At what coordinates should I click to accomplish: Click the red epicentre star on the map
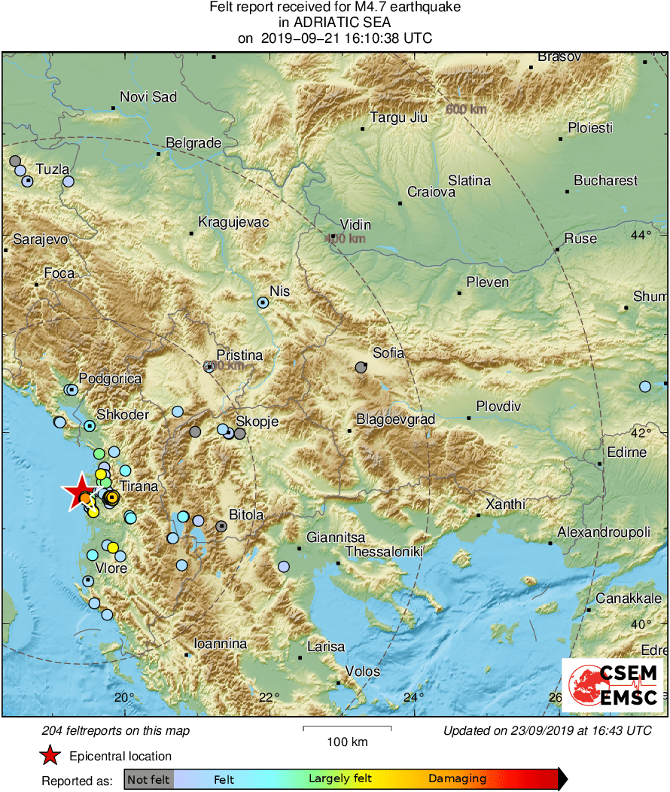pos(78,493)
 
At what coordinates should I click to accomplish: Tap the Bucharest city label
pos(605,181)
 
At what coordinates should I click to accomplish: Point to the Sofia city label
pos(388,352)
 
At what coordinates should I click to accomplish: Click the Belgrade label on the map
pos(193,142)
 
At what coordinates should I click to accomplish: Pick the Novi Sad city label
pos(148,97)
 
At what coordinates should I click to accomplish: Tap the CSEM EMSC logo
pos(612,684)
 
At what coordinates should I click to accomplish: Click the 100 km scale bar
pos(347,728)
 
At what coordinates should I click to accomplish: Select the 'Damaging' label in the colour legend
pos(457,778)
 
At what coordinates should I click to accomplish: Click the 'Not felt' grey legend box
pos(148,778)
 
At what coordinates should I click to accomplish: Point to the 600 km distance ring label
pos(465,110)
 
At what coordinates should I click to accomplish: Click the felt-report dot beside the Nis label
pos(263,302)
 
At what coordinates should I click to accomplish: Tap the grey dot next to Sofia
pos(361,368)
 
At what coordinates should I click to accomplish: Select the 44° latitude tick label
pos(641,236)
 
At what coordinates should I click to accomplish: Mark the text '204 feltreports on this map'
pos(116,730)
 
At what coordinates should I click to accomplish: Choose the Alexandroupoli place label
pos(603,532)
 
